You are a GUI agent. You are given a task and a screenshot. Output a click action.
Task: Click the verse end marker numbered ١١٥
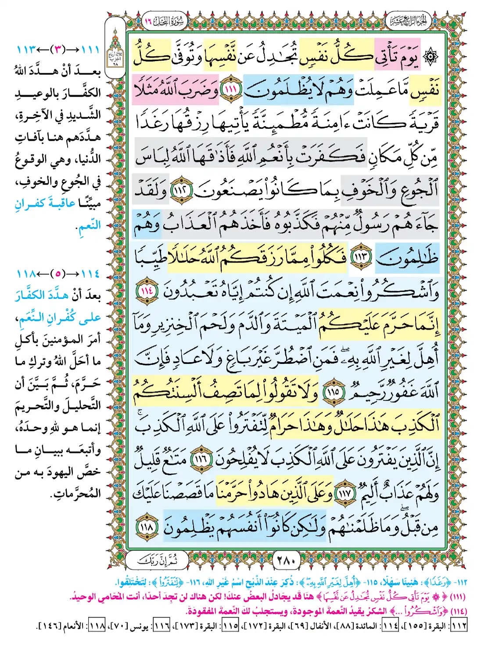pyautogui.click(x=333, y=391)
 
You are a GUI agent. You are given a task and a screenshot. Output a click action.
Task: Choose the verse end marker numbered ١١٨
pyautogui.click(x=147, y=526)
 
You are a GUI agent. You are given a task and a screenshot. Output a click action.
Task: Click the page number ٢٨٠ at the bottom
pyautogui.click(x=287, y=560)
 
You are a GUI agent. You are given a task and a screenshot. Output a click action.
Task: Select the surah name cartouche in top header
pyautogui.click(x=165, y=21)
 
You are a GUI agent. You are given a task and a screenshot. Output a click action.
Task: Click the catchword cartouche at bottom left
pyautogui.click(x=157, y=560)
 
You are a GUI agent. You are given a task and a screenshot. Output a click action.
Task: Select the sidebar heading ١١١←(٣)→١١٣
pyautogui.click(x=58, y=49)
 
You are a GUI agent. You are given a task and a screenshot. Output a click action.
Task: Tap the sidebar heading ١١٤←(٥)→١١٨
pyautogui.click(x=58, y=274)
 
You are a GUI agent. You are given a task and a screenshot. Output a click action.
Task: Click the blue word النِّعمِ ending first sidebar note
pyautogui.click(x=90, y=225)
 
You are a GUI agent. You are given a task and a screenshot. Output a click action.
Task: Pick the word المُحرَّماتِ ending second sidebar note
pyautogui.click(x=76, y=494)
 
